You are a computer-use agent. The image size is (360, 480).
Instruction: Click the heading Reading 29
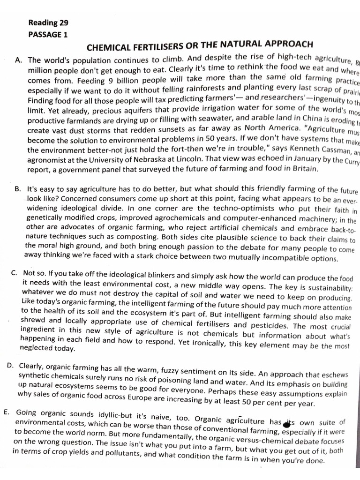48,22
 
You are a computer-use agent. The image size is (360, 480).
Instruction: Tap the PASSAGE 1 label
48,34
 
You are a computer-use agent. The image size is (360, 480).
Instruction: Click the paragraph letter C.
14,272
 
